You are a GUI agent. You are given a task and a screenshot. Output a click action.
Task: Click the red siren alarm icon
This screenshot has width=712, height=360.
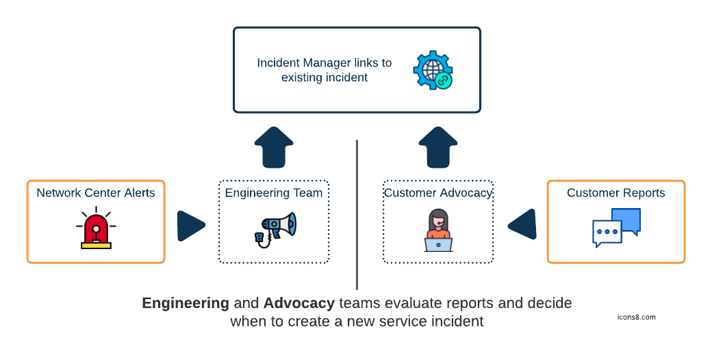[x=96, y=229]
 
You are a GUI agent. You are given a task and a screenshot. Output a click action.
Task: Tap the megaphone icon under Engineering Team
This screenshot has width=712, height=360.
[x=274, y=229]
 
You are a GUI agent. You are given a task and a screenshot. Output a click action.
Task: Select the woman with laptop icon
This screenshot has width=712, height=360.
[x=438, y=231]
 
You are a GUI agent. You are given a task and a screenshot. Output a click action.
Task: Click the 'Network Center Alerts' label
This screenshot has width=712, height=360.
[x=96, y=193]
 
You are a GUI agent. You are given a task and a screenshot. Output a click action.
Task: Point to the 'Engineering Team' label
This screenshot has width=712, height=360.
[x=274, y=193]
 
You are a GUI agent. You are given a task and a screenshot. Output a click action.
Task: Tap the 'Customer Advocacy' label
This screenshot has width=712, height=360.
[x=438, y=193]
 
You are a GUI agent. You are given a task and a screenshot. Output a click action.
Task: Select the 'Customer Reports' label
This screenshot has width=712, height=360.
[x=616, y=193]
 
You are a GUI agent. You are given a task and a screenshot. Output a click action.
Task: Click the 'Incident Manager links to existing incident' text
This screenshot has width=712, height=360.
[x=325, y=70]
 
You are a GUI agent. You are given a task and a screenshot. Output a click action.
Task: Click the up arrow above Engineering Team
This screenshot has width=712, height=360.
[x=274, y=147]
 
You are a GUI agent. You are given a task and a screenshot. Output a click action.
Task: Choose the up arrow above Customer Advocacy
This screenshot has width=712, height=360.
[x=438, y=147]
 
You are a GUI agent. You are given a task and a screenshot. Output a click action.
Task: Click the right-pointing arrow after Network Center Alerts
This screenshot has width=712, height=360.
[x=191, y=226]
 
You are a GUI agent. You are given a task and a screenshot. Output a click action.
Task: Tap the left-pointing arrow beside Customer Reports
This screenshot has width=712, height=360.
[x=522, y=224]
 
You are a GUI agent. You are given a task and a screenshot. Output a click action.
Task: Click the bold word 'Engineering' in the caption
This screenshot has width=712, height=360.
[x=186, y=303]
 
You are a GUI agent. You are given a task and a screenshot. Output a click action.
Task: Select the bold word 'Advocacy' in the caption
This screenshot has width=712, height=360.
[x=299, y=303]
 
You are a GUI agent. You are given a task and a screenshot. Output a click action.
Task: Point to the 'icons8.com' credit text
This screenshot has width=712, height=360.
[x=636, y=318]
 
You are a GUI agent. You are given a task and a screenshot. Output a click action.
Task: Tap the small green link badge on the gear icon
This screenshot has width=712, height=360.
[x=444, y=80]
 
